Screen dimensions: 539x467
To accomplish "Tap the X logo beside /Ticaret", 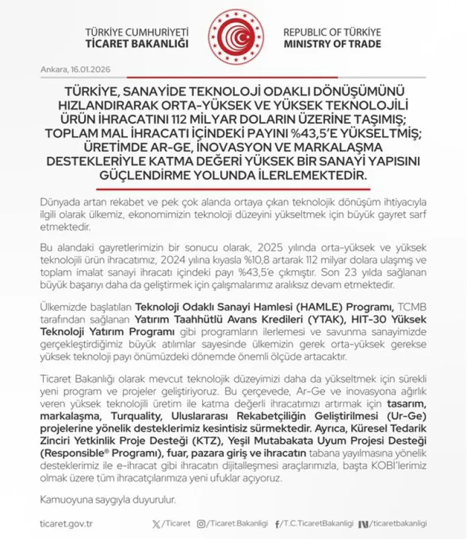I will (x=157, y=524).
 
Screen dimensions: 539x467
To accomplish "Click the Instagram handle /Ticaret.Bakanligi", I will (x=241, y=524).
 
